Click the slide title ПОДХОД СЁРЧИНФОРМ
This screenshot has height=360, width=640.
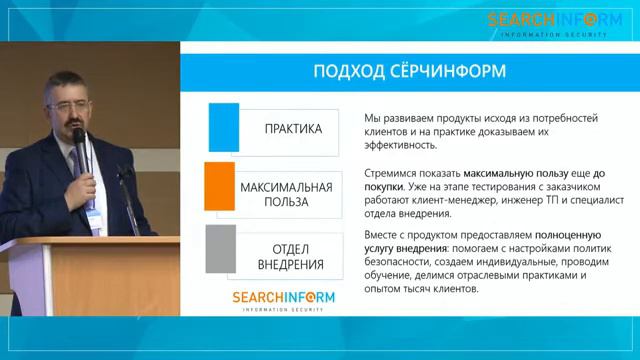[x=410, y=71]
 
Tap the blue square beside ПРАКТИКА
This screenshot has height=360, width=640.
[x=223, y=128]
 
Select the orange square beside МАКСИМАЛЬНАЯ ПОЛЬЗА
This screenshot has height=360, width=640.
[x=220, y=186]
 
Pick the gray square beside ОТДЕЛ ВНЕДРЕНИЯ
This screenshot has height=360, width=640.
[x=220, y=248]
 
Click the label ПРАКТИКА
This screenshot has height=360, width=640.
[x=293, y=129]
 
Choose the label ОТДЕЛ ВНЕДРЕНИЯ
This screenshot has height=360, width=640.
[x=290, y=256]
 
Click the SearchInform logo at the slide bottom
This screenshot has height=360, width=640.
[x=283, y=301]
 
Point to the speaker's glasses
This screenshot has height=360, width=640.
[x=67, y=99]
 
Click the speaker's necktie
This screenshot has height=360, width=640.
[x=76, y=160]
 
